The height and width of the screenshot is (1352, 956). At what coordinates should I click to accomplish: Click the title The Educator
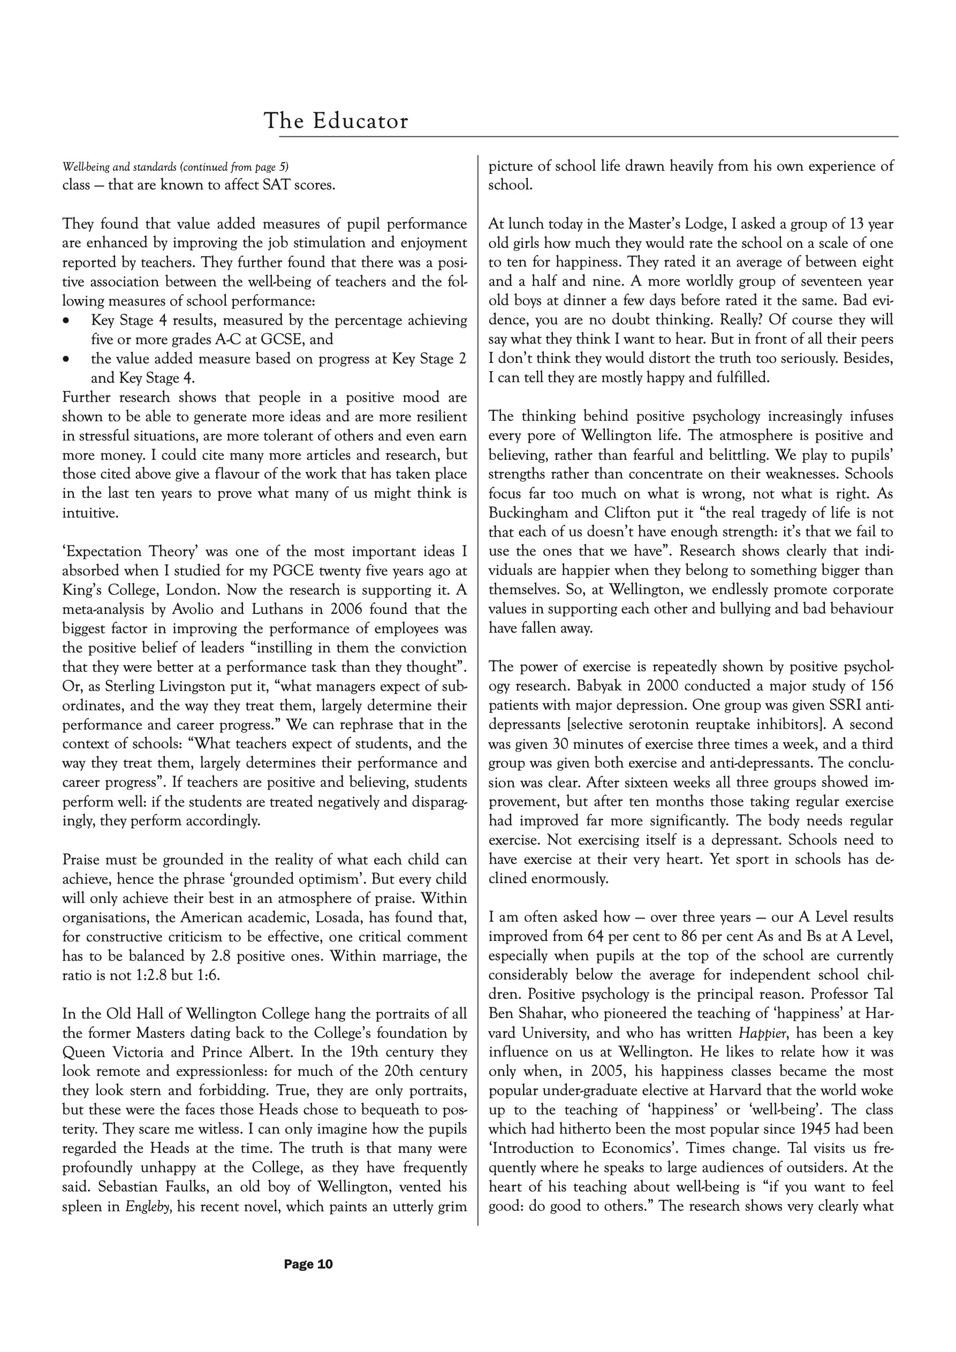pyautogui.click(x=336, y=121)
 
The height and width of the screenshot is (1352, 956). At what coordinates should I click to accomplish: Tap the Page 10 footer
pyautogui.click(x=308, y=1264)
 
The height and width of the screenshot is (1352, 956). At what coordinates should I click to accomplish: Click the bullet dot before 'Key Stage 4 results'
pyautogui.click(x=66, y=321)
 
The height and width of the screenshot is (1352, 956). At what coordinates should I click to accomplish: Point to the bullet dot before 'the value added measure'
pyautogui.click(x=66, y=359)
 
